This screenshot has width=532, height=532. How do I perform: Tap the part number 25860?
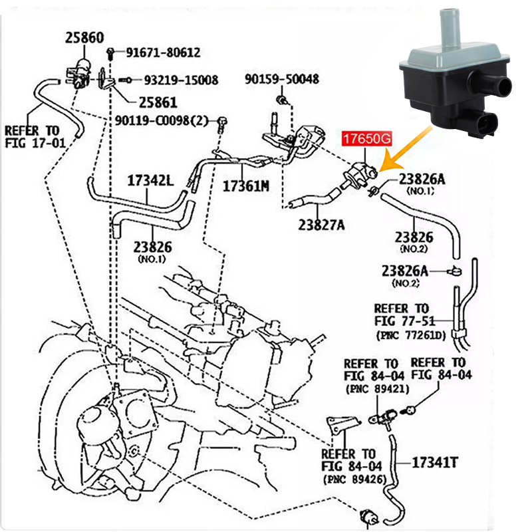coord(84,38)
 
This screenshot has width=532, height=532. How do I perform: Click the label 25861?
coord(158,103)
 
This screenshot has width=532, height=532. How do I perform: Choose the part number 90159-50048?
coord(281,79)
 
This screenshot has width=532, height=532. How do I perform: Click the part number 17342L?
coord(150,180)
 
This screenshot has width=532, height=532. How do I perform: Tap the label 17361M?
coord(245,186)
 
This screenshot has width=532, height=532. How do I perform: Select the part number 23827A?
coord(321,225)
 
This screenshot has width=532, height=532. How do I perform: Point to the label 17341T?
coord(435,460)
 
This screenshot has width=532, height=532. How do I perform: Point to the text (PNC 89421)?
coord(376,388)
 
